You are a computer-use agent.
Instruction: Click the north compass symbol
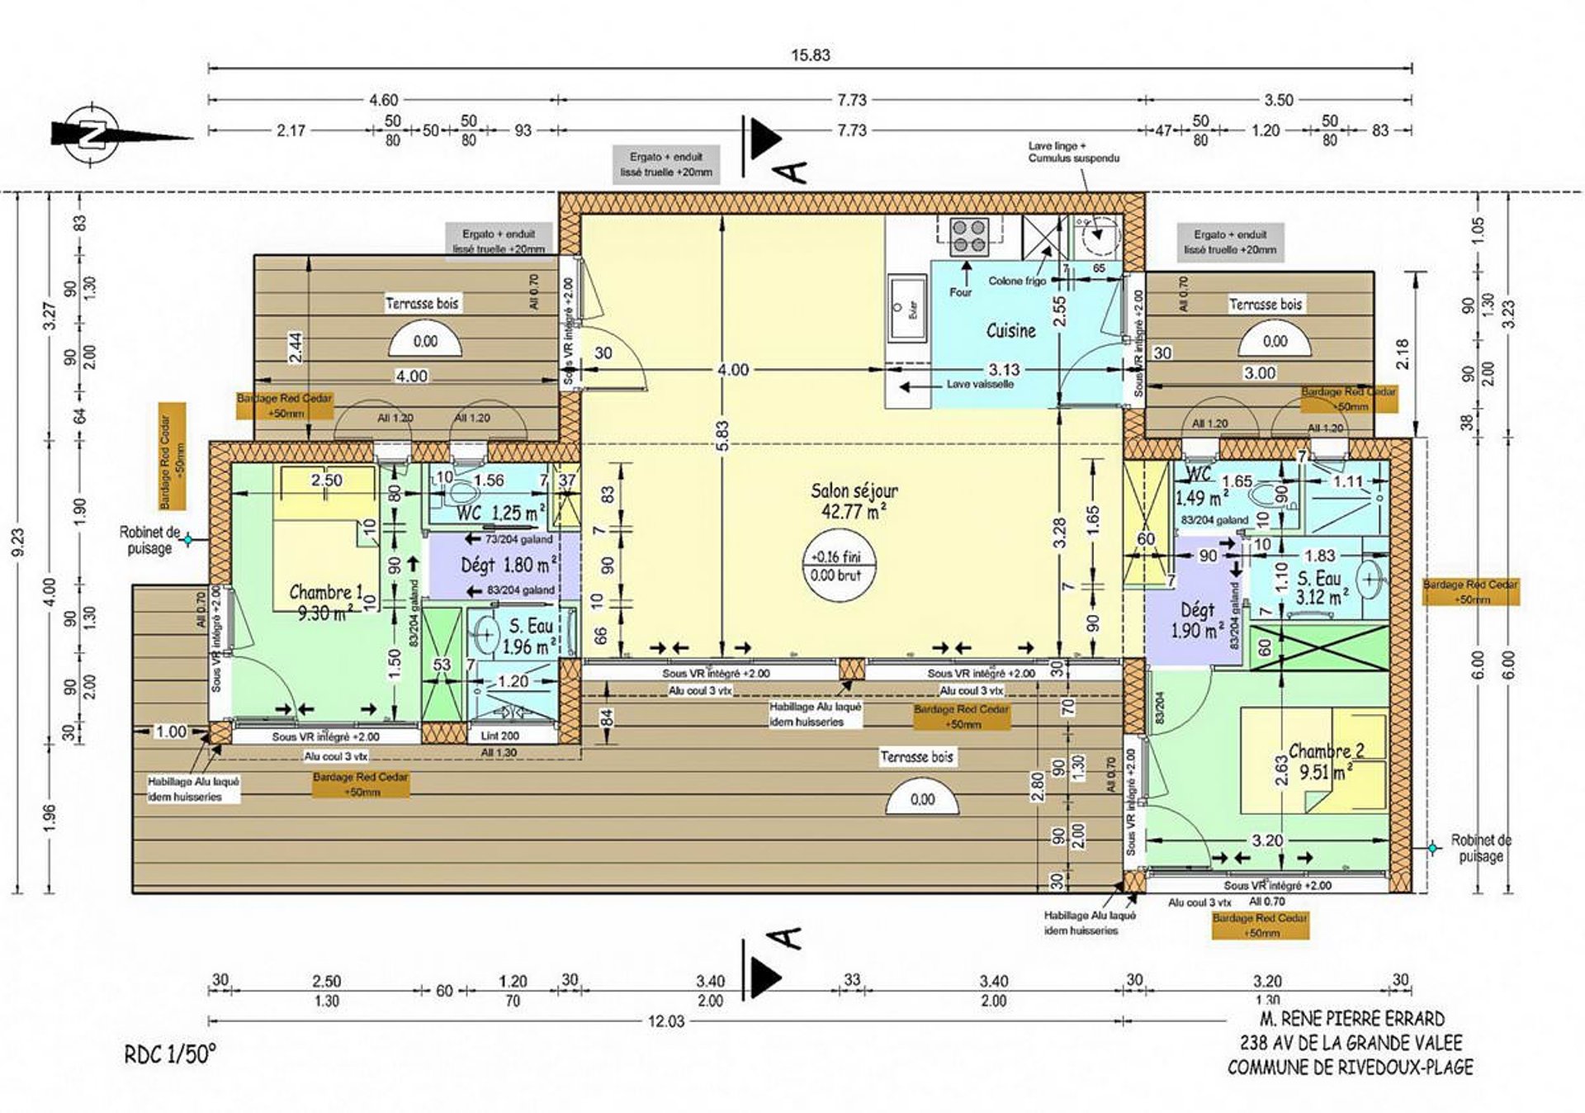pyautogui.click(x=92, y=133)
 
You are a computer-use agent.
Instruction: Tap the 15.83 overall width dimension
pyautogui.click(x=810, y=55)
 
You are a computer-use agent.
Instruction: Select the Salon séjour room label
pyautogui.click(x=854, y=490)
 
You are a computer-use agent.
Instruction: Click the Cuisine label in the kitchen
pyautogui.click(x=1010, y=330)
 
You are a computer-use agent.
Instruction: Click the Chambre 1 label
pyautogui.click(x=326, y=592)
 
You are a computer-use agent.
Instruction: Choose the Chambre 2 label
pyautogui.click(x=1326, y=751)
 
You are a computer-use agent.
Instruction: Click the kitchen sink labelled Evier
pyautogui.click(x=907, y=308)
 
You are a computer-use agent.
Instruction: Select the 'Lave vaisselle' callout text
pyautogui.click(x=980, y=384)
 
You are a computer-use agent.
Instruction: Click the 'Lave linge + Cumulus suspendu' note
pyautogui.click(x=1073, y=152)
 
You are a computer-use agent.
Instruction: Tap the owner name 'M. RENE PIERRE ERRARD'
pyautogui.click(x=1351, y=1019)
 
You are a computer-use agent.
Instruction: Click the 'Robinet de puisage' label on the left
pyautogui.click(x=149, y=540)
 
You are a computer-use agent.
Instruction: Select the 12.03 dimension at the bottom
pyautogui.click(x=665, y=1021)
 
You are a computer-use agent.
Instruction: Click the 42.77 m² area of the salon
pyautogui.click(x=854, y=511)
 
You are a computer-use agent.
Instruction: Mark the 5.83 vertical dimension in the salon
pyautogui.click(x=722, y=436)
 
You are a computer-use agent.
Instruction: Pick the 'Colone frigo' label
pyautogui.click(x=1017, y=281)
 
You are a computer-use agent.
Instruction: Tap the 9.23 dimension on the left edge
pyautogui.click(x=18, y=542)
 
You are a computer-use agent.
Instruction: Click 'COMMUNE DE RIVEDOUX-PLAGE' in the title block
pyautogui.click(x=1350, y=1067)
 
